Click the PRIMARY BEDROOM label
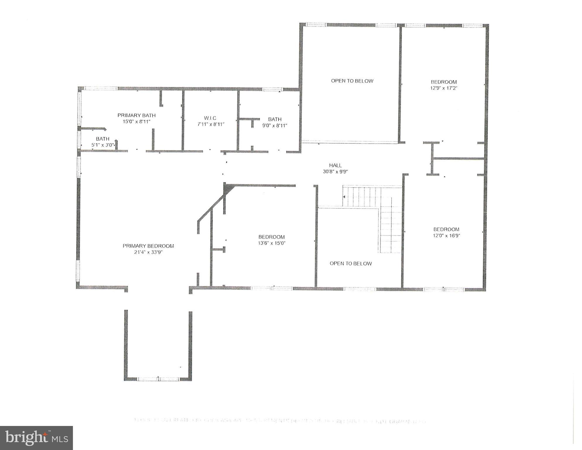coord(148,246)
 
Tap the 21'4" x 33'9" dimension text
coord(148,252)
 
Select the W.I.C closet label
coord(210,118)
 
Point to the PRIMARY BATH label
coord(136,115)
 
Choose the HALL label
coord(335,165)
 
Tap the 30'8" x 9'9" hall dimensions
coord(335,172)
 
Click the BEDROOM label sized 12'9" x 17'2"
coord(444,82)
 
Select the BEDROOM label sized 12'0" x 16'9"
coord(446,229)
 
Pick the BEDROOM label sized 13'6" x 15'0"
coord(272,237)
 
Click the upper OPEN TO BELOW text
coord(352,81)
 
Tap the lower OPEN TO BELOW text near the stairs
coord(351,264)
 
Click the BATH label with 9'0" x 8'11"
coord(275,119)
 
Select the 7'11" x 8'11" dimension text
coord(210,124)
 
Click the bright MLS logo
coord(36,438)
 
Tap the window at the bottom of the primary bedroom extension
coord(158,379)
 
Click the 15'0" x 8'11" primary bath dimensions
coord(136,121)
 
